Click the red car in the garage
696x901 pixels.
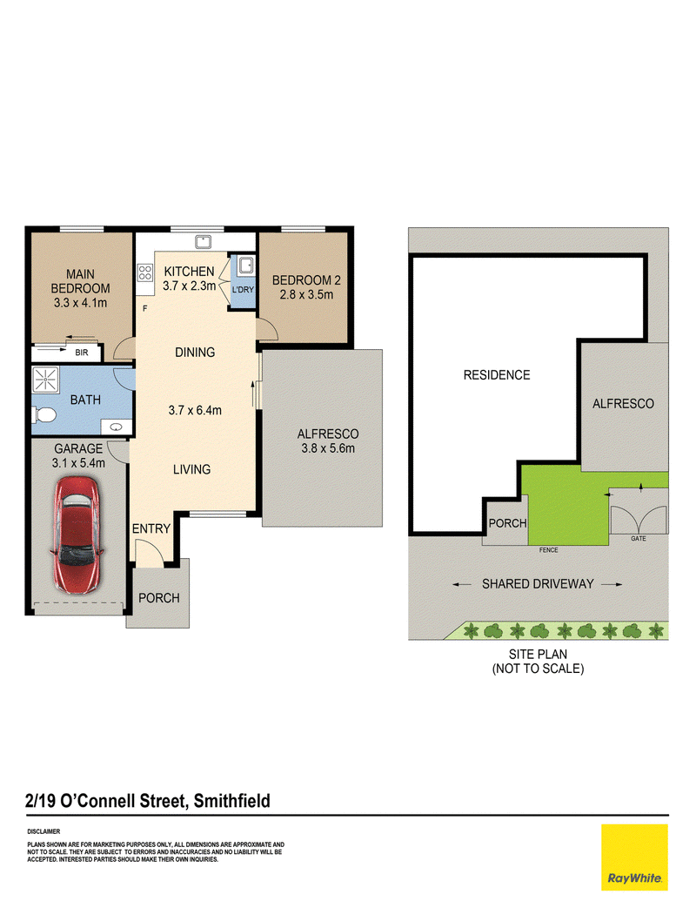point(78,535)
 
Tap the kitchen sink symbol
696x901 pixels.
point(203,242)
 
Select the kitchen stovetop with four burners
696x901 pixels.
point(144,272)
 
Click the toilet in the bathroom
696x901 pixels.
point(44,414)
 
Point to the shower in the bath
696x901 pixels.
point(45,380)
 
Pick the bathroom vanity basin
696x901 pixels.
point(116,427)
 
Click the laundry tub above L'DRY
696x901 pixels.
point(246,265)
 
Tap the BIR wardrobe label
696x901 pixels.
point(82,353)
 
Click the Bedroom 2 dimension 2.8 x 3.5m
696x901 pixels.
point(306,295)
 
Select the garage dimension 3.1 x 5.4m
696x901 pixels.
point(78,463)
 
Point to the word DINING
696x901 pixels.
point(195,353)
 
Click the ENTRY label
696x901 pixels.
point(151,528)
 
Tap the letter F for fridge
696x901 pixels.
point(144,308)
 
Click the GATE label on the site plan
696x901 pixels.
point(638,538)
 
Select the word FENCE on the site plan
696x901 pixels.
point(548,550)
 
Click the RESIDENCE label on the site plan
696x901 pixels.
point(497,375)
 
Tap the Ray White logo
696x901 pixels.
point(634,857)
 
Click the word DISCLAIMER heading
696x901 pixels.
point(43,831)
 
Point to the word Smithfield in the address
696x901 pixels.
point(232,801)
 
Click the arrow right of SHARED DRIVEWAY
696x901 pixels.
point(612,584)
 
